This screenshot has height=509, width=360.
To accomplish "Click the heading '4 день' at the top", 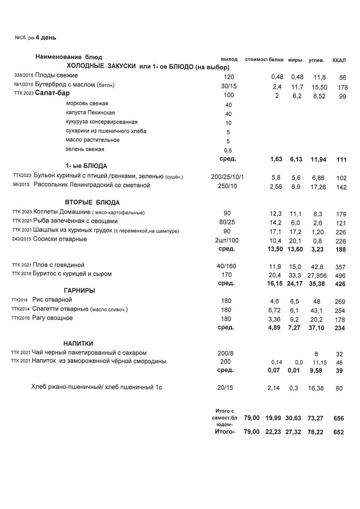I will click(46, 38).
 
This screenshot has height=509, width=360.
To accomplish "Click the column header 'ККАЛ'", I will click(339, 60).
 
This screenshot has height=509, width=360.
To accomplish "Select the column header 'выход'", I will click(229, 59).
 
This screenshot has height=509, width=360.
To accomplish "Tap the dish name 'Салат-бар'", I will click(52, 93).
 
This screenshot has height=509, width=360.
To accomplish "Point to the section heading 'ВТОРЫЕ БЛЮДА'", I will click(92, 202).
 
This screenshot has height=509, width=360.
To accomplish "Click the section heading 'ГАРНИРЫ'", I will click(79, 291).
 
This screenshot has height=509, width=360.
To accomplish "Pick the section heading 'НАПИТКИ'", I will click(78, 343).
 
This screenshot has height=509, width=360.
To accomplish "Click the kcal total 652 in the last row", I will click(338, 433).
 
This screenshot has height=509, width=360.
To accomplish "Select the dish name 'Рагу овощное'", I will click(52, 318).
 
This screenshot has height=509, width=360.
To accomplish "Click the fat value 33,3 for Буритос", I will click(295, 274).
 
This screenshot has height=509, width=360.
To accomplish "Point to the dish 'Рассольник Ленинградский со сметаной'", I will click(92, 185).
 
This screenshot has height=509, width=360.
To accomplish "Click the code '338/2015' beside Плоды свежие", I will click(23, 76).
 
